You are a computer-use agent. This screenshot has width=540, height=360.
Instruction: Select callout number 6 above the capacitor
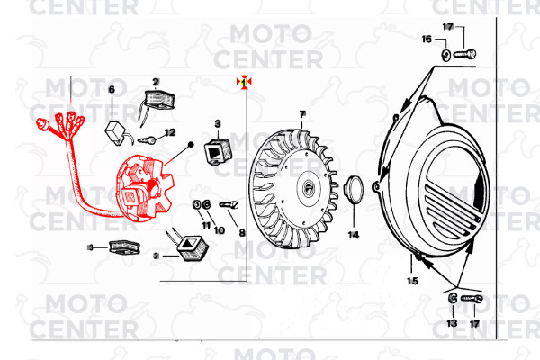coord(112,89)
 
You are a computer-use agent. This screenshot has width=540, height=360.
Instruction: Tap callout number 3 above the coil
coord(217,122)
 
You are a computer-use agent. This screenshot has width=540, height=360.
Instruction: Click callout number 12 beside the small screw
coord(170,133)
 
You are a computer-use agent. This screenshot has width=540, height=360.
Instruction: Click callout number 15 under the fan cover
coord(411,281)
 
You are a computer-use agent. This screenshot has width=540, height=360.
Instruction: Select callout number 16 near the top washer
coord(427,40)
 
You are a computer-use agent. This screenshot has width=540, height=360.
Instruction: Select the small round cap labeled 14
coord(353,191)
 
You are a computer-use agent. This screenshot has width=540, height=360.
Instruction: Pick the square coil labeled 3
coord(217,150)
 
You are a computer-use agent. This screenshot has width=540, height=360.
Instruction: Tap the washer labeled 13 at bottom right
coord(451,299)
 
